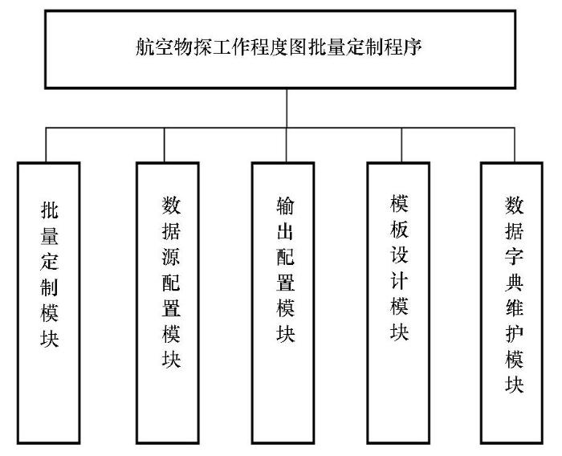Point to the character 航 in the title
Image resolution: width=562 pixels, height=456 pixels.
click(x=145, y=47)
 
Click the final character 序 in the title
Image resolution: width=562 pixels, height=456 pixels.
click(x=412, y=47)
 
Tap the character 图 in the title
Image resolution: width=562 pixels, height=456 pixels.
click(x=298, y=47)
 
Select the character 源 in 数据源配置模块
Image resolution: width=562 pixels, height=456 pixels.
click(x=171, y=256)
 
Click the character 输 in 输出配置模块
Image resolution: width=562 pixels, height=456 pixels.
click(x=286, y=206)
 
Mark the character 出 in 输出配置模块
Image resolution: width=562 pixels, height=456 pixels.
click(x=286, y=231)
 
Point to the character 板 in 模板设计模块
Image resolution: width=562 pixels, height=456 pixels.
click(x=399, y=229)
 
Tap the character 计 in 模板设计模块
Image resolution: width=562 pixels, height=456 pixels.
click(x=399, y=280)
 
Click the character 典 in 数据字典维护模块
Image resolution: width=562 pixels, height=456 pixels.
click(x=515, y=282)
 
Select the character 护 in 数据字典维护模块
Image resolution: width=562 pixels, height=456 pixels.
click(x=515, y=333)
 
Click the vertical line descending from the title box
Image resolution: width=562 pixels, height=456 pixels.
click(x=287, y=108)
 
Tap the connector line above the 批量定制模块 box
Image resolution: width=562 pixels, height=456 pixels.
click(x=46, y=145)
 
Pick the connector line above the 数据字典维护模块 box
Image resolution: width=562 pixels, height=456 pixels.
click(x=515, y=145)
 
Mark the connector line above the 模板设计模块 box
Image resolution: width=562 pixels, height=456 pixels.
click(x=401, y=145)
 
